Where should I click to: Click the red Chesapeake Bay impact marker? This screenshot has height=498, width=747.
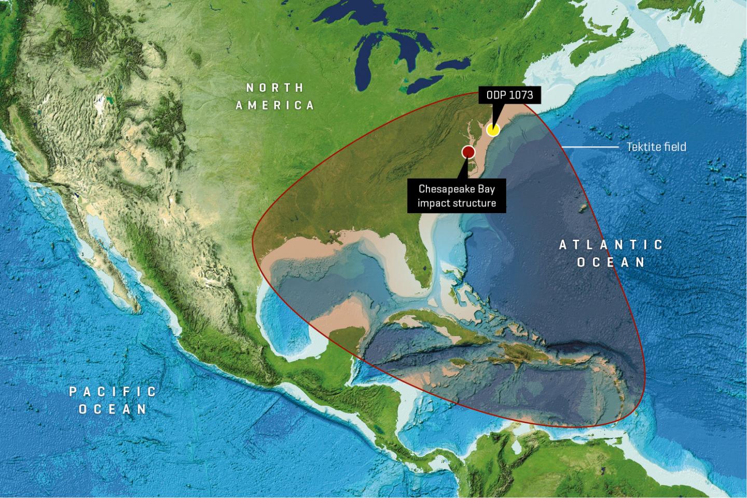tap(468, 151)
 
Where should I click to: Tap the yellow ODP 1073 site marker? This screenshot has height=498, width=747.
tap(493, 130)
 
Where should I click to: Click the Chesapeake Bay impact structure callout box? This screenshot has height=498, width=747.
tap(457, 196)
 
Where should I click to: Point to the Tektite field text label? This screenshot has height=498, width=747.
tap(656, 147)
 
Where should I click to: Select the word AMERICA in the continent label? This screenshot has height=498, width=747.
tap(275, 105)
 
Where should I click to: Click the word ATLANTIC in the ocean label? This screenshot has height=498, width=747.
tap(611, 244)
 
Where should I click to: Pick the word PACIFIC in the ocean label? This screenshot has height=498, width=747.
tap(113, 391)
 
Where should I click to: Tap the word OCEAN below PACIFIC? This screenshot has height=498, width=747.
tap(113, 409)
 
